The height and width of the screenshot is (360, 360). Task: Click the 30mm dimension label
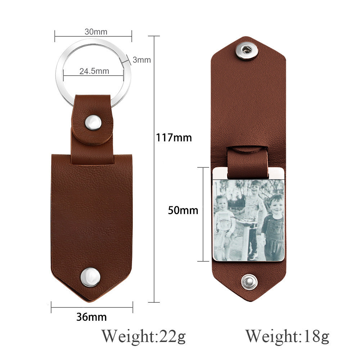[96, 32]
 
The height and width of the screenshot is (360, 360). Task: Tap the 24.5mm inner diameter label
[94, 71]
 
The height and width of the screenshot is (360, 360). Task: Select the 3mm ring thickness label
[141, 60]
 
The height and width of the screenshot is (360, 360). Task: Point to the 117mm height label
[174, 138]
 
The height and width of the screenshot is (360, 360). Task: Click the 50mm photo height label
[183, 210]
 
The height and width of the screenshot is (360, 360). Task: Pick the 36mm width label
[91, 317]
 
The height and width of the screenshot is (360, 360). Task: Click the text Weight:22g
[144, 336]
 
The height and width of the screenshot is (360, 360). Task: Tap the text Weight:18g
[287, 336]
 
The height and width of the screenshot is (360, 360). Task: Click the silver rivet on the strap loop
[93, 123]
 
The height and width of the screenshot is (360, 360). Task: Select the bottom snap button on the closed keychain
[90, 277]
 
